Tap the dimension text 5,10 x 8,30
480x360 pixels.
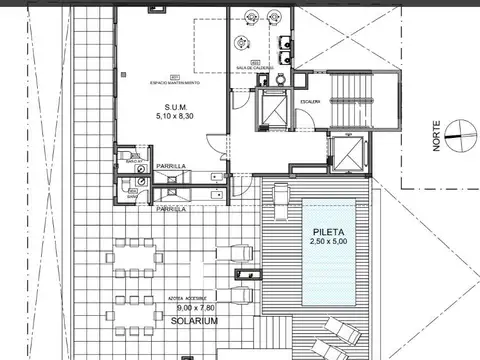[x=176, y=116]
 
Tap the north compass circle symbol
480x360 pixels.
[x=456, y=127]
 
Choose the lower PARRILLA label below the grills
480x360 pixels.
[x=171, y=210]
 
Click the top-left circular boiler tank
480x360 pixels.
[x=247, y=17]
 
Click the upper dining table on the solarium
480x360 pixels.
[x=135, y=258]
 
